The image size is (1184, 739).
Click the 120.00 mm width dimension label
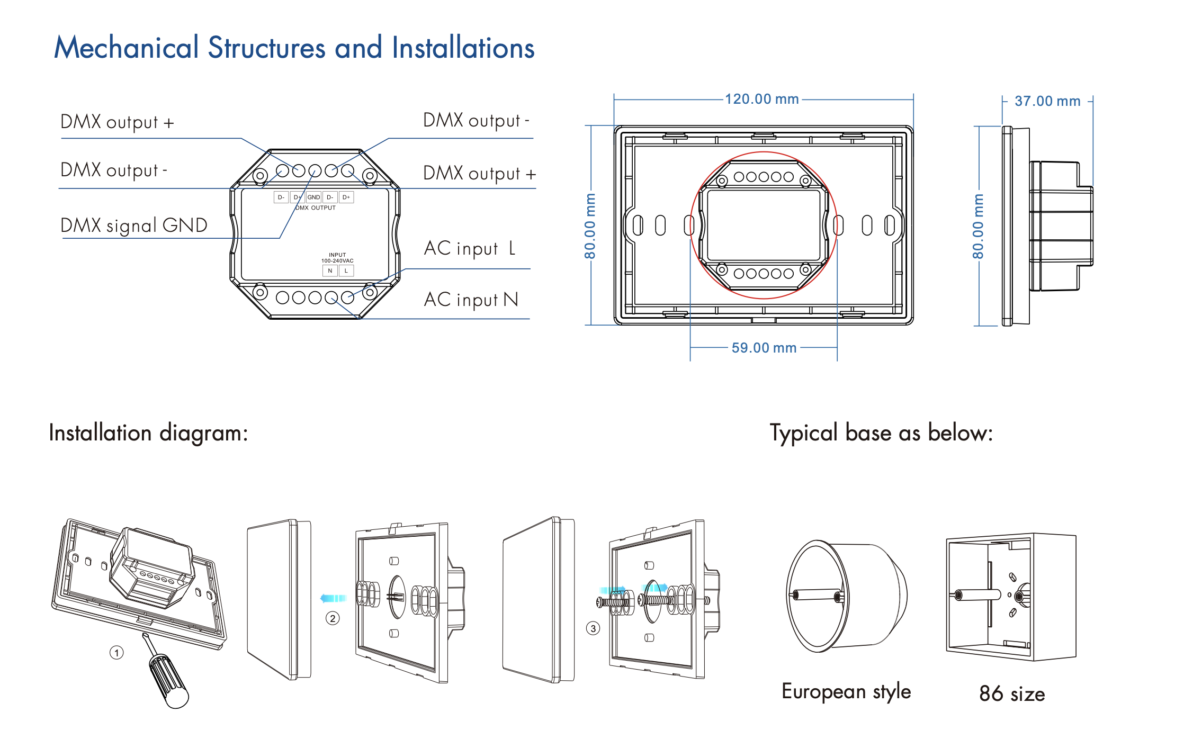(x=761, y=99)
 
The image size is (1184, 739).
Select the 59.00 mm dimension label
(x=764, y=348)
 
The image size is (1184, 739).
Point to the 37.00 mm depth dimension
(x=1047, y=101)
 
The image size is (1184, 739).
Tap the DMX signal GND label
(x=134, y=226)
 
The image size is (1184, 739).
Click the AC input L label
(x=469, y=248)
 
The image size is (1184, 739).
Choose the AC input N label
(x=471, y=300)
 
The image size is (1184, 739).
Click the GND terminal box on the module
(x=313, y=197)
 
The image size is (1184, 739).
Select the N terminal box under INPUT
(x=330, y=271)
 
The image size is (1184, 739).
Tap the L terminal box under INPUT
(x=346, y=271)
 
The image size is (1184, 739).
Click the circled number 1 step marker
(x=116, y=653)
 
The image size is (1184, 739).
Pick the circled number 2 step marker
(x=333, y=618)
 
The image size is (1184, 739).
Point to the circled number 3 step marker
(x=593, y=628)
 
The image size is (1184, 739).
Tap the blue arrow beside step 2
(x=333, y=598)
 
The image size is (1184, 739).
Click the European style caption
(x=846, y=691)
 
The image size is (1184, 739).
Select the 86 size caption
(x=1012, y=693)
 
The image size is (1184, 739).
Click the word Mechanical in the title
(x=127, y=48)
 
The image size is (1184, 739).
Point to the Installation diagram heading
(x=148, y=433)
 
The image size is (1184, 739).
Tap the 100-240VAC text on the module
(x=337, y=260)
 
